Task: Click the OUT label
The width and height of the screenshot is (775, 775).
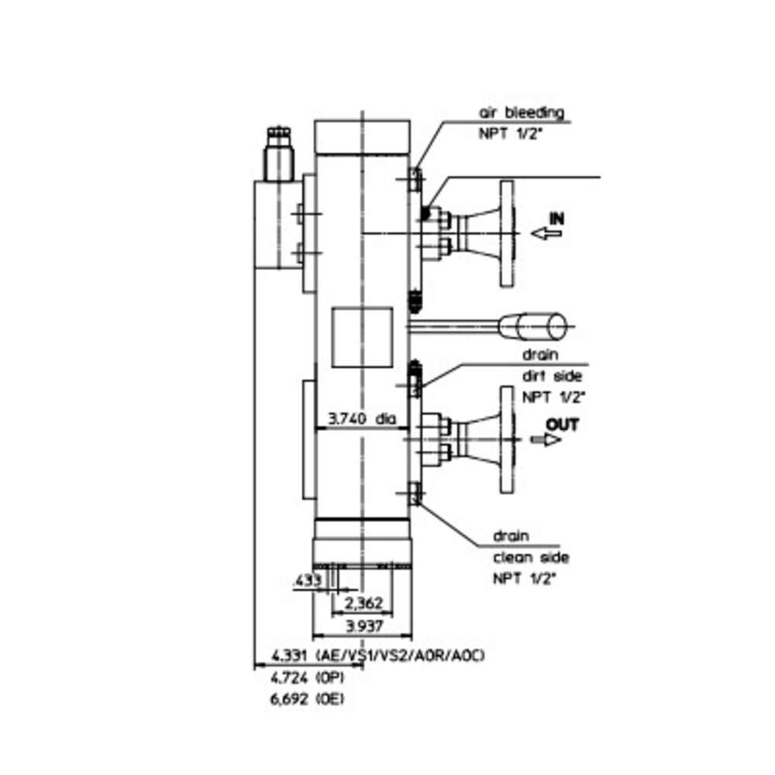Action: click(x=562, y=425)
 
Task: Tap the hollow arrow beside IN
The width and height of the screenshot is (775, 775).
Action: click(x=546, y=232)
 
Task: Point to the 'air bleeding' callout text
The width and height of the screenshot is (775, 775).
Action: click(x=522, y=112)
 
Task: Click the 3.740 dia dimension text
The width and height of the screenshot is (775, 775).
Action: click(x=362, y=418)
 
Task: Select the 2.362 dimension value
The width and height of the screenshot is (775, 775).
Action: click(x=363, y=603)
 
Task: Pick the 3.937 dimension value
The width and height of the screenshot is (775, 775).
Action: click(x=364, y=626)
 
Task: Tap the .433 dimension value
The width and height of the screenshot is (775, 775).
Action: click(x=308, y=580)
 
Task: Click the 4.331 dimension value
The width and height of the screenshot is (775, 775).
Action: click(x=290, y=656)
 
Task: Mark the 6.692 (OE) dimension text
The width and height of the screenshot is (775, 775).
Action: click(x=308, y=699)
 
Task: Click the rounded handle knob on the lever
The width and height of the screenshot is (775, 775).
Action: click(x=533, y=326)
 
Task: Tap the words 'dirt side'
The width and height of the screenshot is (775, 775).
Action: click(x=553, y=376)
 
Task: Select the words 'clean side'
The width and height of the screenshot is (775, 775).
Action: click(x=531, y=557)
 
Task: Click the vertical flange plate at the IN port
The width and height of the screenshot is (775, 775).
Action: click(x=507, y=233)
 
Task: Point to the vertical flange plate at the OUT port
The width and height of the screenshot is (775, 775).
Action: click(x=507, y=439)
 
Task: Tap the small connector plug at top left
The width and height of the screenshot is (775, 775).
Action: click(x=279, y=153)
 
